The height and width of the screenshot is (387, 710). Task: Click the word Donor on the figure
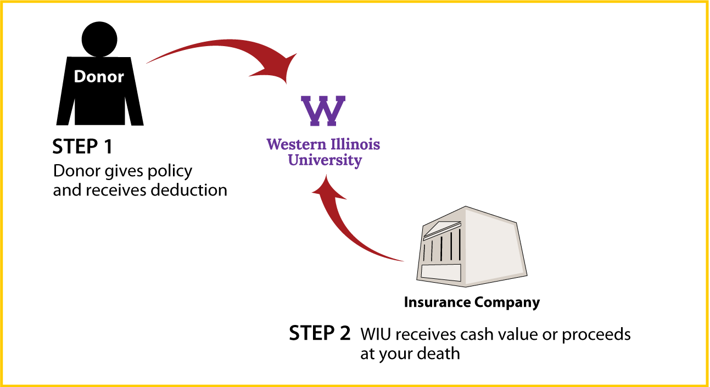pos(99,77)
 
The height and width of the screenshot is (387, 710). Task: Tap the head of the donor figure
pos(99,40)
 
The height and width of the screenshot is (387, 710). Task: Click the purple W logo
pos(323,111)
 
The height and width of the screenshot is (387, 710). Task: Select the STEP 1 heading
pos(82,147)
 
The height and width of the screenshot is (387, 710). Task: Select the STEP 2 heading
pos(320,333)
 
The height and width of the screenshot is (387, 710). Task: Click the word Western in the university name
pos(297,144)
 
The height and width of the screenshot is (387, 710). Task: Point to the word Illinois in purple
pos(355,144)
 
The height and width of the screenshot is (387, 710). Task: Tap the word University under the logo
pos(325,160)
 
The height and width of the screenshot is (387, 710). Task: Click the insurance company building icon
pos(472,246)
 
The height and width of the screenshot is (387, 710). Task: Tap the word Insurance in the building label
pos(437,302)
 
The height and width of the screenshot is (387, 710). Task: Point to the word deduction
pos(189,190)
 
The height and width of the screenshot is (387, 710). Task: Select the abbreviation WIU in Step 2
pos(375,334)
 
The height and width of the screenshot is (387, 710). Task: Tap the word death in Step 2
pos(438,353)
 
